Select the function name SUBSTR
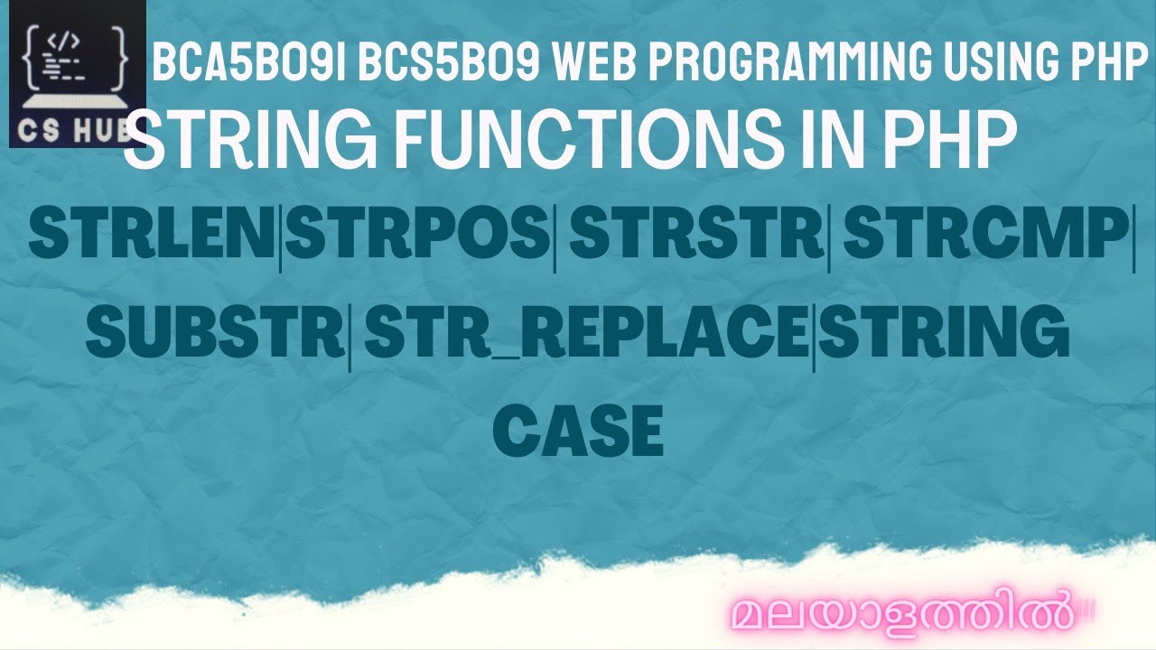217,332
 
